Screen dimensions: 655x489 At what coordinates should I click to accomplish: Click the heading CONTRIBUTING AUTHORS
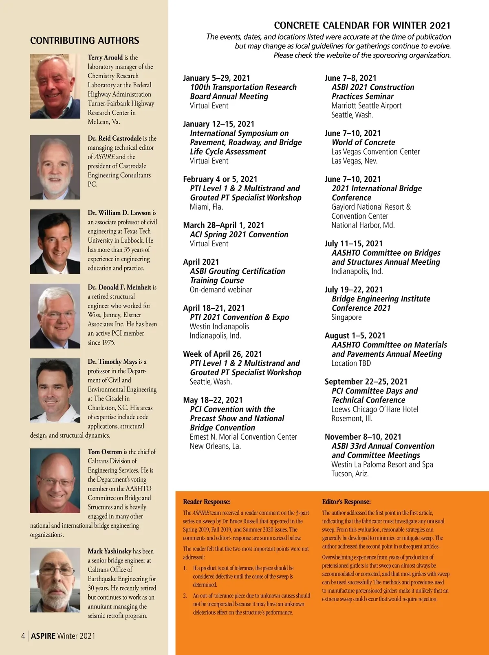(x=84, y=40)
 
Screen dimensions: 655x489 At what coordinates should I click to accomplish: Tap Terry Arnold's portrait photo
(x=55, y=86)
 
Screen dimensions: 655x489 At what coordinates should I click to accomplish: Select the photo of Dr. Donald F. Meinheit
(x=55, y=316)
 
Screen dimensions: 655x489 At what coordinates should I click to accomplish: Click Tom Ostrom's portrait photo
(x=55, y=480)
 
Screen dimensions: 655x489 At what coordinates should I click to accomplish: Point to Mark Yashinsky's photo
(x=55, y=580)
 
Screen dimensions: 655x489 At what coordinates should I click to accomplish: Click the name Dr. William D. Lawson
(x=119, y=213)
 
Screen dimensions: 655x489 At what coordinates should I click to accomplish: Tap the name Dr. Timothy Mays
(x=112, y=362)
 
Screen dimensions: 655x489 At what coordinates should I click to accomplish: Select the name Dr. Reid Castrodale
(x=115, y=139)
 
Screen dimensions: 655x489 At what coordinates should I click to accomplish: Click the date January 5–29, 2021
(x=216, y=78)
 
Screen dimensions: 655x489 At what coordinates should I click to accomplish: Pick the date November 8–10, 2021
(x=363, y=437)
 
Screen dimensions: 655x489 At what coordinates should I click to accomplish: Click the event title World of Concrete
(x=363, y=142)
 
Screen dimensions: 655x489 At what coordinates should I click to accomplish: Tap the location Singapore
(x=346, y=317)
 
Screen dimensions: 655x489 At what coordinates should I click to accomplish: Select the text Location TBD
(x=351, y=363)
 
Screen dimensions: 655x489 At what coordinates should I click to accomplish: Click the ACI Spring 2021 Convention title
(x=239, y=235)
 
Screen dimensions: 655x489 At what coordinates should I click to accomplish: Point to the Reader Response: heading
(x=207, y=502)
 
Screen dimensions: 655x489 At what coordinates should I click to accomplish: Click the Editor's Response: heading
(x=346, y=502)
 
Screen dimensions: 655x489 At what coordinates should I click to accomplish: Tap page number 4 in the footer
(x=23, y=636)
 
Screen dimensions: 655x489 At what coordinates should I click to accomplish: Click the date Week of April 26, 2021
(x=222, y=354)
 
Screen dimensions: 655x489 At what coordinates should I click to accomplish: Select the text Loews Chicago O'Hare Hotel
(x=374, y=409)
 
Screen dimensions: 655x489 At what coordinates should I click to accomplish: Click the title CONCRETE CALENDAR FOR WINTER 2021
(x=362, y=25)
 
